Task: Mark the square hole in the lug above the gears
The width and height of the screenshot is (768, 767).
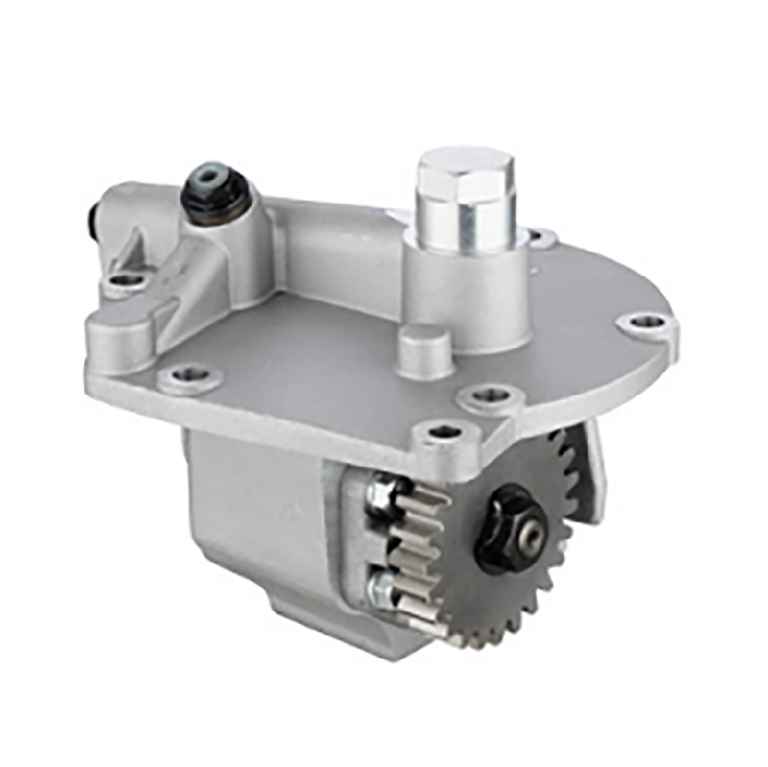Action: (443, 432)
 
